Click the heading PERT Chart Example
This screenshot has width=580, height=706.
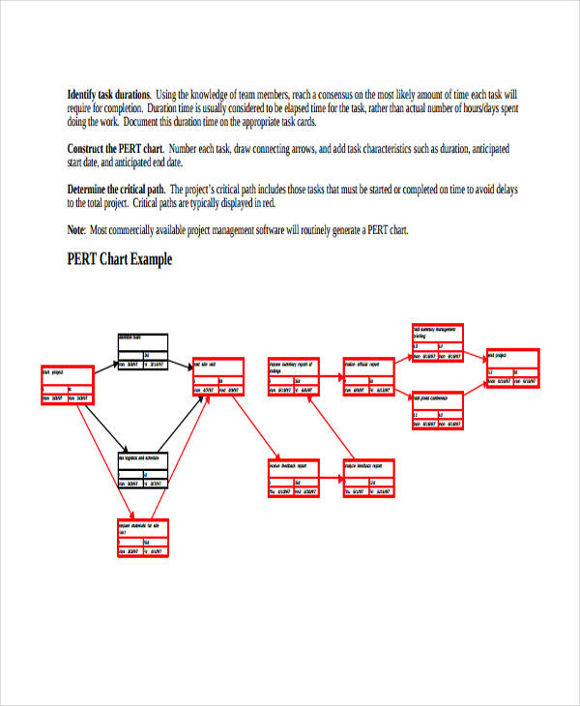pyautogui.click(x=120, y=259)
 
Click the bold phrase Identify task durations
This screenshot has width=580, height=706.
pyautogui.click(x=109, y=95)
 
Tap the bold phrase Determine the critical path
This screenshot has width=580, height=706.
pyautogui.click(x=116, y=190)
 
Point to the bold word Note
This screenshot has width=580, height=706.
pyautogui.click(x=75, y=230)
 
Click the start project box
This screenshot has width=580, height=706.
pyautogui.click(x=68, y=385)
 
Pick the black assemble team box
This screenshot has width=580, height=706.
pyautogui.click(x=142, y=352)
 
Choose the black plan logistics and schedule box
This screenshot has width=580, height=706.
pyautogui.click(x=144, y=470)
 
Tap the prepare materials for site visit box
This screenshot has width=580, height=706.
pyautogui.click(x=143, y=539)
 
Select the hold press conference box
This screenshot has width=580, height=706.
pyautogui.click(x=438, y=409)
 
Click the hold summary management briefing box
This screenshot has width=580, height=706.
pyautogui.click(x=438, y=344)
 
